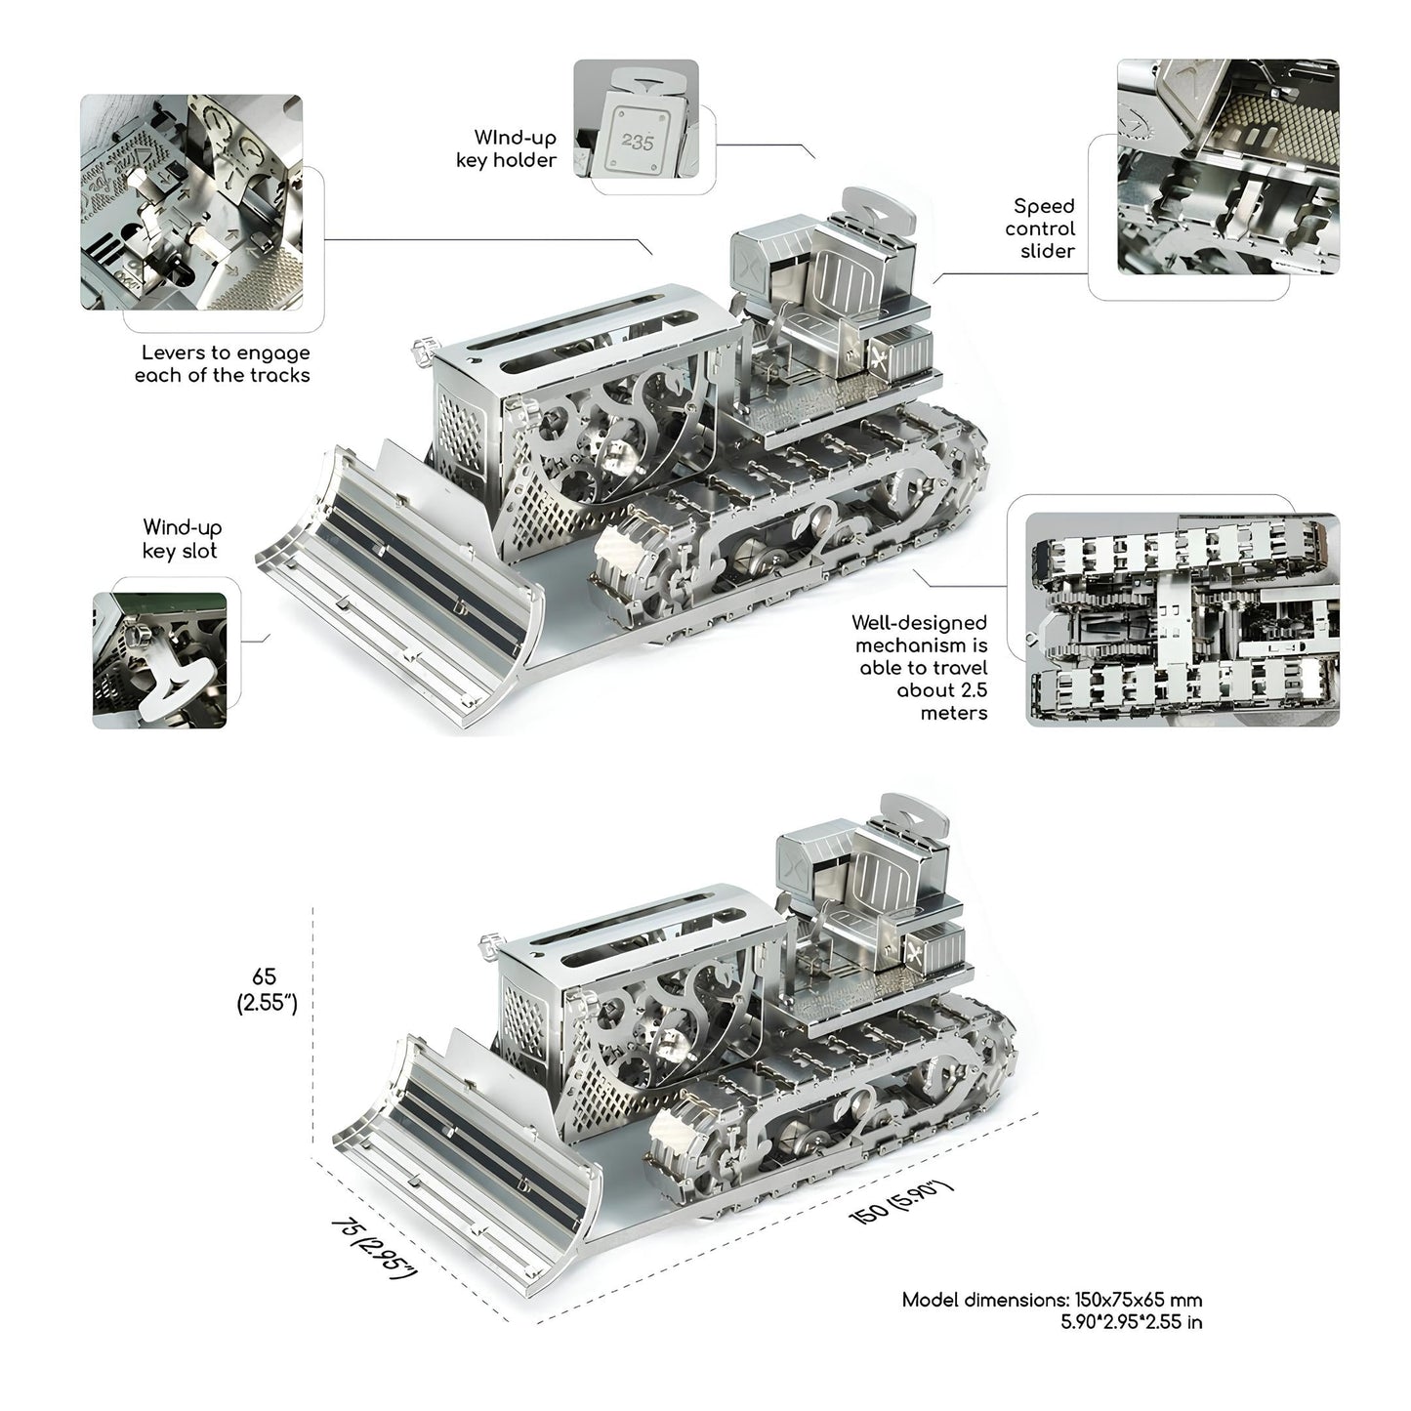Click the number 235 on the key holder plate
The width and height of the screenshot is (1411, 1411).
(x=637, y=142)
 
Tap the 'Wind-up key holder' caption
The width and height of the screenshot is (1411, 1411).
(x=506, y=148)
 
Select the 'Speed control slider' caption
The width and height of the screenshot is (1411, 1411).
(x=1040, y=228)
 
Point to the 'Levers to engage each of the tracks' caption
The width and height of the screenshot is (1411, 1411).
(x=222, y=364)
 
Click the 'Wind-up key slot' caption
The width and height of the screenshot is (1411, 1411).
(x=181, y=539)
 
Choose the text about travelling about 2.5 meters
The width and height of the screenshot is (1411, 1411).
(x=920, y=667)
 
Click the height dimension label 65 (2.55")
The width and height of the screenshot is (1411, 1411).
(x=266, y=990)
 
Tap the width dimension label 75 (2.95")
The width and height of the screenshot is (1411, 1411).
(x=374, y=1249)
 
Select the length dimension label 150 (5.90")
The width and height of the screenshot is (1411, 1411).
(x=900, y=1202)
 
